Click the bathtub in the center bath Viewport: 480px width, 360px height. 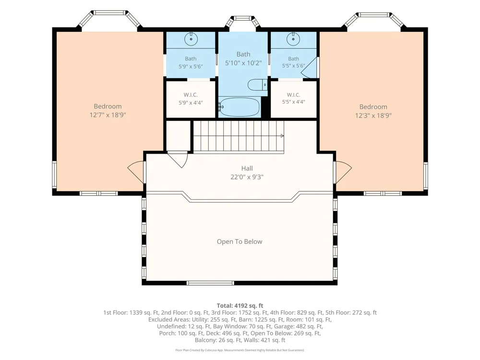[240, 107]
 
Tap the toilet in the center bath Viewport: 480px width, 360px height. [257, 85]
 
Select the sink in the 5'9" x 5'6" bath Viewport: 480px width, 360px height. [191, 39]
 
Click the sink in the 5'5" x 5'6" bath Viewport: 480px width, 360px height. [293, 39]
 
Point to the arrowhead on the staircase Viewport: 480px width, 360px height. [282, 136]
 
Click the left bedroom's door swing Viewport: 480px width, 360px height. [135, 172]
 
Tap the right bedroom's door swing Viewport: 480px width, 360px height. [344, 172]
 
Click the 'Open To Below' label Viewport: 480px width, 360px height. [240, 241]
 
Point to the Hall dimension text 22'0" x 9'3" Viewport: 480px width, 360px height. [247, 177]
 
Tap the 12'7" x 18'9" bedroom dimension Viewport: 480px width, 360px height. [108, 115]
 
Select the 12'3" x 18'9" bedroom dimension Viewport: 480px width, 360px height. [373, 115]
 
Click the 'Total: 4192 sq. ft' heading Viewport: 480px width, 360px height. [240, 305]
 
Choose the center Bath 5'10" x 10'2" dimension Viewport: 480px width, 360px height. [243, 63]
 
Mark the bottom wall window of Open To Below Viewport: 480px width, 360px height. [210, 283]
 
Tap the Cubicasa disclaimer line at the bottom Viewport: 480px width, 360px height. [240, 350]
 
